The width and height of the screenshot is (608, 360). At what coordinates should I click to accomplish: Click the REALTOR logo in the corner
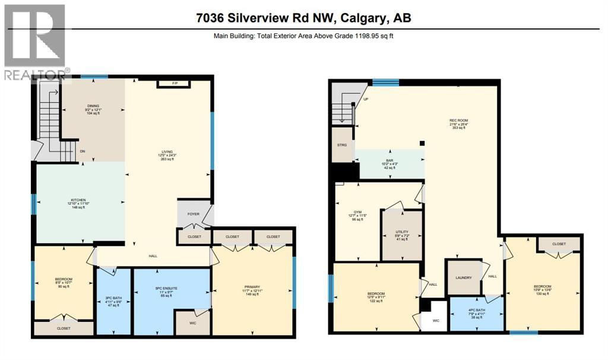[x=35, y=42]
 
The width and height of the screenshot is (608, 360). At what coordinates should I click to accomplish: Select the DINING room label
[x=93, y=106]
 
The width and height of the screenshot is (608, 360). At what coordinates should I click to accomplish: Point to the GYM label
[x=357, y=211]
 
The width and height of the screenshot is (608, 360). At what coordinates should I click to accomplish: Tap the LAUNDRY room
[x=463, y=277]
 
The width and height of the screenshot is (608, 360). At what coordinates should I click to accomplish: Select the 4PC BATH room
[x=476, y=310]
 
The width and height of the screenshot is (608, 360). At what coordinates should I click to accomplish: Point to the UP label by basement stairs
[x=366, y=100]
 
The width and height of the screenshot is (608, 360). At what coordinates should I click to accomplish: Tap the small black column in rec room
[x=422, y=143]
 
